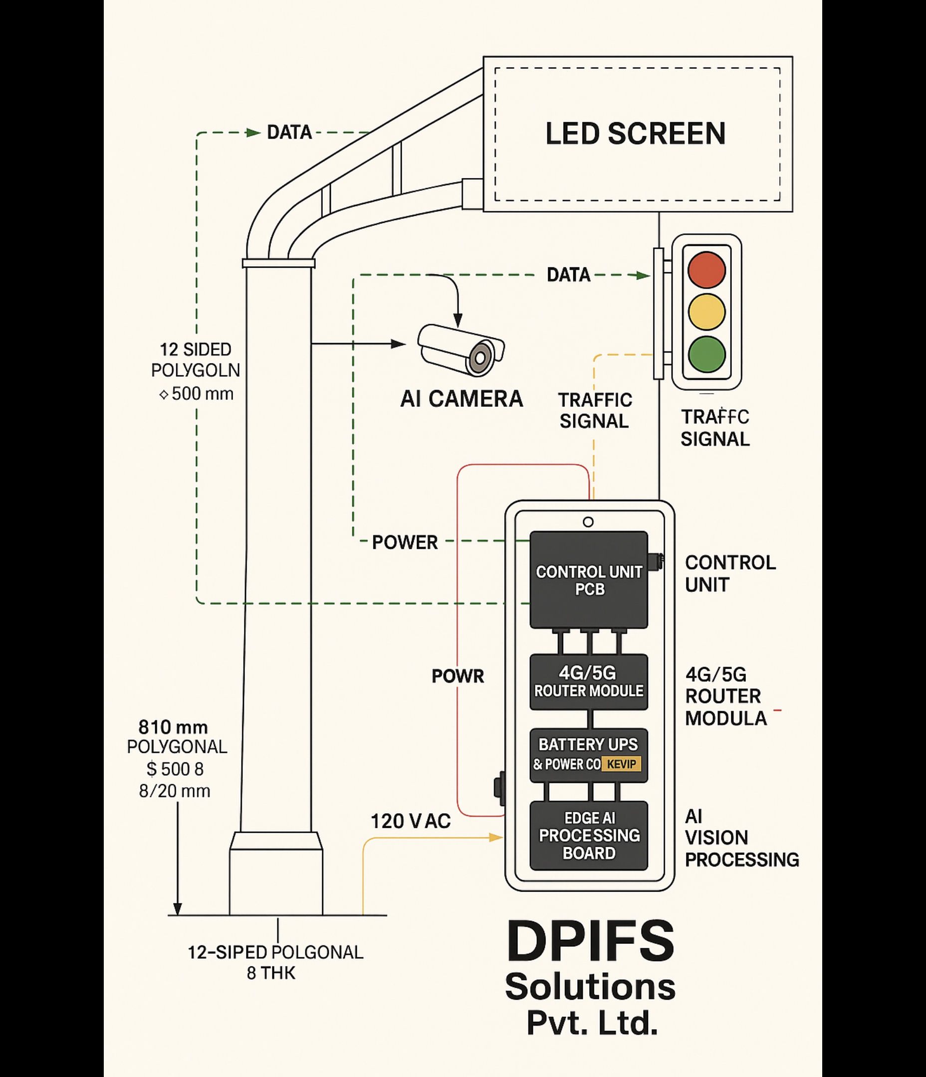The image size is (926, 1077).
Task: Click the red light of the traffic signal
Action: coord(706,270)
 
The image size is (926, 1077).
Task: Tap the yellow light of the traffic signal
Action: coord(706,312)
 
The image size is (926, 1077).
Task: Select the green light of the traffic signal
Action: coord(706,354)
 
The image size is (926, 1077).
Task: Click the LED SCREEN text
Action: coord(635,134)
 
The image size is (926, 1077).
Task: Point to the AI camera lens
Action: coord(479,358)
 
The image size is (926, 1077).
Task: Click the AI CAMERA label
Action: coord(462,399)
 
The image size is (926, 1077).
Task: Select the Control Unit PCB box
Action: coord(589,579)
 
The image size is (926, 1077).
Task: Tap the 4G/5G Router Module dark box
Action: coord(589,682)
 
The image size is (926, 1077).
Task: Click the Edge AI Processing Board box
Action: coord(589,835)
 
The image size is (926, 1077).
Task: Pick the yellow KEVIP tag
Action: coord(621,764)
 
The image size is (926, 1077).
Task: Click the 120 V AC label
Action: coord(411,822)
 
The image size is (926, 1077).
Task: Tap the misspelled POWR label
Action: coord(458,676)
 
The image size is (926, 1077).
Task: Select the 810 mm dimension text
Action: coord(173,726)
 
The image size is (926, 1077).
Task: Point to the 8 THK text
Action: coord(270,973)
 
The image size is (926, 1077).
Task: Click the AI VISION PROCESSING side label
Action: coord(741,838)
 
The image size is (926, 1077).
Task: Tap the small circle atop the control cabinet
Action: coord(588,522)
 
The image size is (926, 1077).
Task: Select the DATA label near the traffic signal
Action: coord(569,275)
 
